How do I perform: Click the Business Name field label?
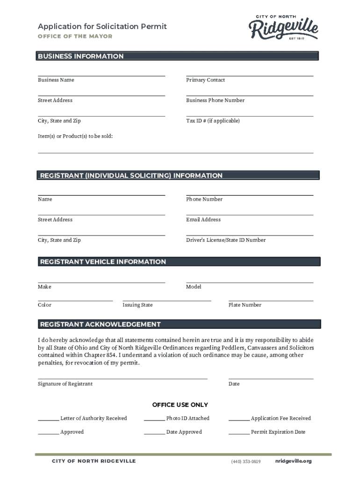pyautogui.click(x=56, y=80)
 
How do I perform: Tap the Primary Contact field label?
pyautogui.click(x=205, y=80)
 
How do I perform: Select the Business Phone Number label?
pyautogui.click(x=215, y=100)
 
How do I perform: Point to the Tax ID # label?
pyautogui.click(x=213, y=121)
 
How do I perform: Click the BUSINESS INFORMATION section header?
pyautogui.click(x=81, y=56)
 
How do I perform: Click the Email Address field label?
pyautogui.click(x=203, y=219)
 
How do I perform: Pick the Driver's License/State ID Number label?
pyautogui.click(x=226, y=240)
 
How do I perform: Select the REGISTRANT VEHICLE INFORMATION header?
pyautogui.click(x=103, y=262)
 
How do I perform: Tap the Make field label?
pyautogui.click(x=44, y=287)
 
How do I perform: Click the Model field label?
pyautogui.click(x=194, y=287)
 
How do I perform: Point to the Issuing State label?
pyautogui.click(x=137, y=305)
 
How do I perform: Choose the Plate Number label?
pyautogui.click(x=245, y=305)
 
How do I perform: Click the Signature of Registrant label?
pyautogui.click(x=65, y=384)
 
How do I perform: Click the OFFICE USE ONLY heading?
pyautogui.click(x=180, y=405)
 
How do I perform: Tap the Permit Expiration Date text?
pyautogui.click(x=278, y=432)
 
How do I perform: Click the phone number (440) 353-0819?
pyautogui.click(x=245, y=462)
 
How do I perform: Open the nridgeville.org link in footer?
pyautogui.click(x=294, y=461)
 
